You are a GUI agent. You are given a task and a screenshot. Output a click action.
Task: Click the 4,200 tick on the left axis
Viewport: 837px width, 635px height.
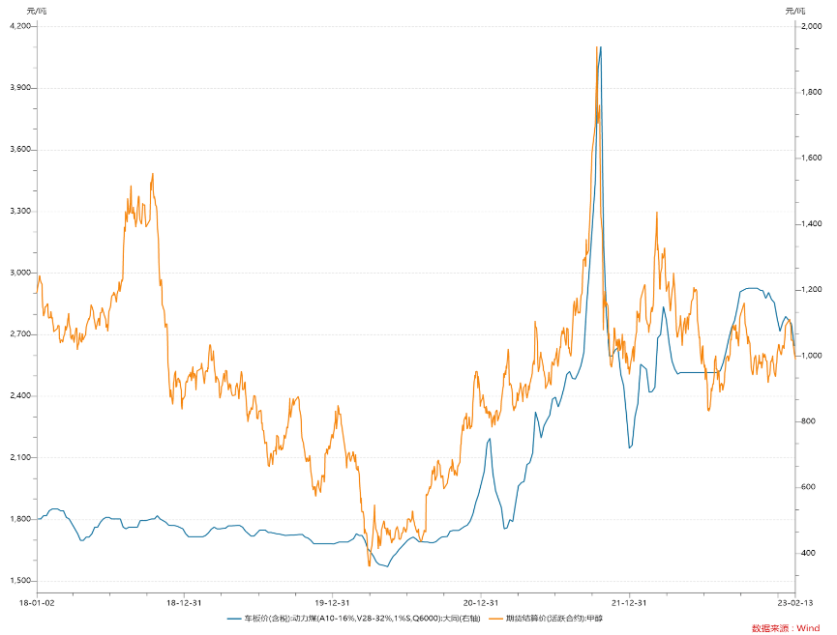point(19,26)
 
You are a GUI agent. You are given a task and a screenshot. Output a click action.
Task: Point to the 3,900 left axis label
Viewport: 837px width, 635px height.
point(19,88)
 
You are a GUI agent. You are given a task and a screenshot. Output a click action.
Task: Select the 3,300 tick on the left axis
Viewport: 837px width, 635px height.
point(19,211)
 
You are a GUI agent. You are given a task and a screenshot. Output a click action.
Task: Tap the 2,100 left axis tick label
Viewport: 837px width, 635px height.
point(19,457)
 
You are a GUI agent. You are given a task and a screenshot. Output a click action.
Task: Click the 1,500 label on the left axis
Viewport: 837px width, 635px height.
point(19,581)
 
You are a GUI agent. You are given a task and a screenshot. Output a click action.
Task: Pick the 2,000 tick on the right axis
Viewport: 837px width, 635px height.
point(812,26)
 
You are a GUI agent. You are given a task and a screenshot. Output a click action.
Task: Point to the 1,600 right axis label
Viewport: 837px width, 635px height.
point(812,158)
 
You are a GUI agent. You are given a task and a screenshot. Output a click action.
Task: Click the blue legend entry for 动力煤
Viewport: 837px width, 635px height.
point(353,618)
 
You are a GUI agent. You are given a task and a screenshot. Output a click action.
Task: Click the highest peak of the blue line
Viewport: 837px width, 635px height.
point(601,46)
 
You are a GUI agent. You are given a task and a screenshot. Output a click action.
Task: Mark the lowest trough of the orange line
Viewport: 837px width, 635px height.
point(370,565)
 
